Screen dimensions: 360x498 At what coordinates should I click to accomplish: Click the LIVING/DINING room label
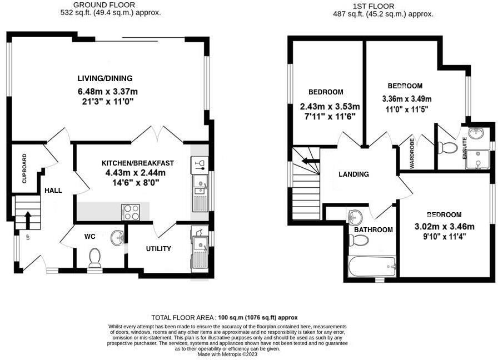105,78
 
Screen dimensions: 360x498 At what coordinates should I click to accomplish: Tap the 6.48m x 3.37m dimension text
108,91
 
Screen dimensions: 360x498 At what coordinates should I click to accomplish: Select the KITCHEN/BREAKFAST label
137,163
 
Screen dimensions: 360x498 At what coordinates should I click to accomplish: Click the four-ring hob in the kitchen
131,211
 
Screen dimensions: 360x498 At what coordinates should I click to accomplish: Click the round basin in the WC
117,238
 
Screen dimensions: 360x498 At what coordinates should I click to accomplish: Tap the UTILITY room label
158,248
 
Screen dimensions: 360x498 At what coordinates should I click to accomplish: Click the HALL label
53,190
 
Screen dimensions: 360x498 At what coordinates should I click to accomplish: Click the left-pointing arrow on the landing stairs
306,162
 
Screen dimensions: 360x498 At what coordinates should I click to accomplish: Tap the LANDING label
354,174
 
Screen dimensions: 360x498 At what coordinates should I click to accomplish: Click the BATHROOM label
373,229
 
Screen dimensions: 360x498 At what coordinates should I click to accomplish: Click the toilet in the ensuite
447,148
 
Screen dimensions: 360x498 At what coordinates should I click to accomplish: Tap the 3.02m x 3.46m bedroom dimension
445,226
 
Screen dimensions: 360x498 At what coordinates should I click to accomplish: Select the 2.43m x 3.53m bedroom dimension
330,107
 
